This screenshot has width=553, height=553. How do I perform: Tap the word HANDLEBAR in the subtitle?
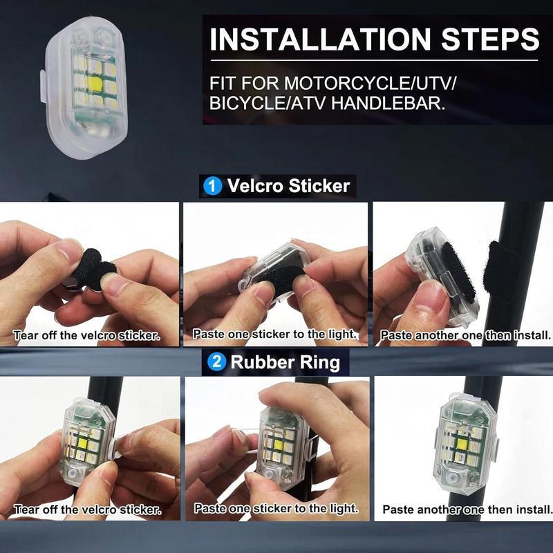click(x=388, y=103)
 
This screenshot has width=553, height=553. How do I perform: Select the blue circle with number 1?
click(x=213, y=186)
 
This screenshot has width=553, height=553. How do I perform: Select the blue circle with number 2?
click(x=216, y=362)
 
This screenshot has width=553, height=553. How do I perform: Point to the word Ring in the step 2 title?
click(x=320, y=362)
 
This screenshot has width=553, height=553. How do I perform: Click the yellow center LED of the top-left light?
click(x=95, y=84)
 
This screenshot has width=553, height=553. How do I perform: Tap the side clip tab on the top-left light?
click(x=43, y=87)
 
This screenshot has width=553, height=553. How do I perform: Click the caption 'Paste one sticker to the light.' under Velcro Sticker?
click(x=274, y=335)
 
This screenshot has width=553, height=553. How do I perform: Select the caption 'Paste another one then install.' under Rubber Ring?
click(x=467, y=509)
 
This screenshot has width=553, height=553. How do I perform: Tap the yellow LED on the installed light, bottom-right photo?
click(x=462, y=443)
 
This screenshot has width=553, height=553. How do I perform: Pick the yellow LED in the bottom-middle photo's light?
click(x=279, y=445)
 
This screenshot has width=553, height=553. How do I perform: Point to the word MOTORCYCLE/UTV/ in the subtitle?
click(x=371, y=84)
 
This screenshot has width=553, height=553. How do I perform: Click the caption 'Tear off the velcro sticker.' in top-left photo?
click(x=87, y=335)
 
